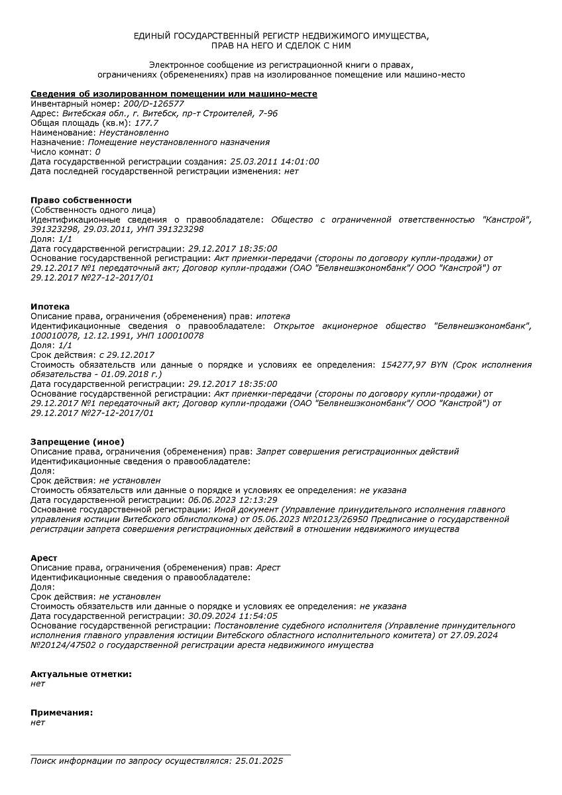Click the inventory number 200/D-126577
(154, 104)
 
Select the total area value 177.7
(146, 123)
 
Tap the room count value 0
(97, 152)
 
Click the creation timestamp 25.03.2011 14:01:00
(274, 161)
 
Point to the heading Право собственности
(81, 200)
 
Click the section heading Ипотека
(50, 307)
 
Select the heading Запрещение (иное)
(77, 442)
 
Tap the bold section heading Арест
(44, 558)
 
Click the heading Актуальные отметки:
(81, 674)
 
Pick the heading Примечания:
(62, 713)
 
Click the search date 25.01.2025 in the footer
(259, 761)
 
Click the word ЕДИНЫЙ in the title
(152, 36)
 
